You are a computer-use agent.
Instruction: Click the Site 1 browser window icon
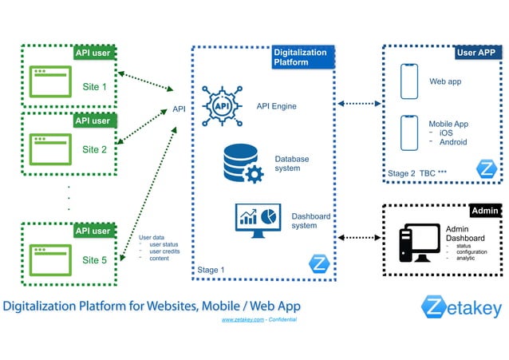[49, 82]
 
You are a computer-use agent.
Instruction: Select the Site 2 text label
[94, 149]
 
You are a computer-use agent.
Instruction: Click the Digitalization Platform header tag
[300, 57]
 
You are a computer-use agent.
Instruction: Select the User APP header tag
[476, 53]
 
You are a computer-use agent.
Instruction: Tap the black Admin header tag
[485, 211]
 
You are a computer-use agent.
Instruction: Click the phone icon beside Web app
[408, 82]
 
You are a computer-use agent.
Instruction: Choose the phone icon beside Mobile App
[408, 134]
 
